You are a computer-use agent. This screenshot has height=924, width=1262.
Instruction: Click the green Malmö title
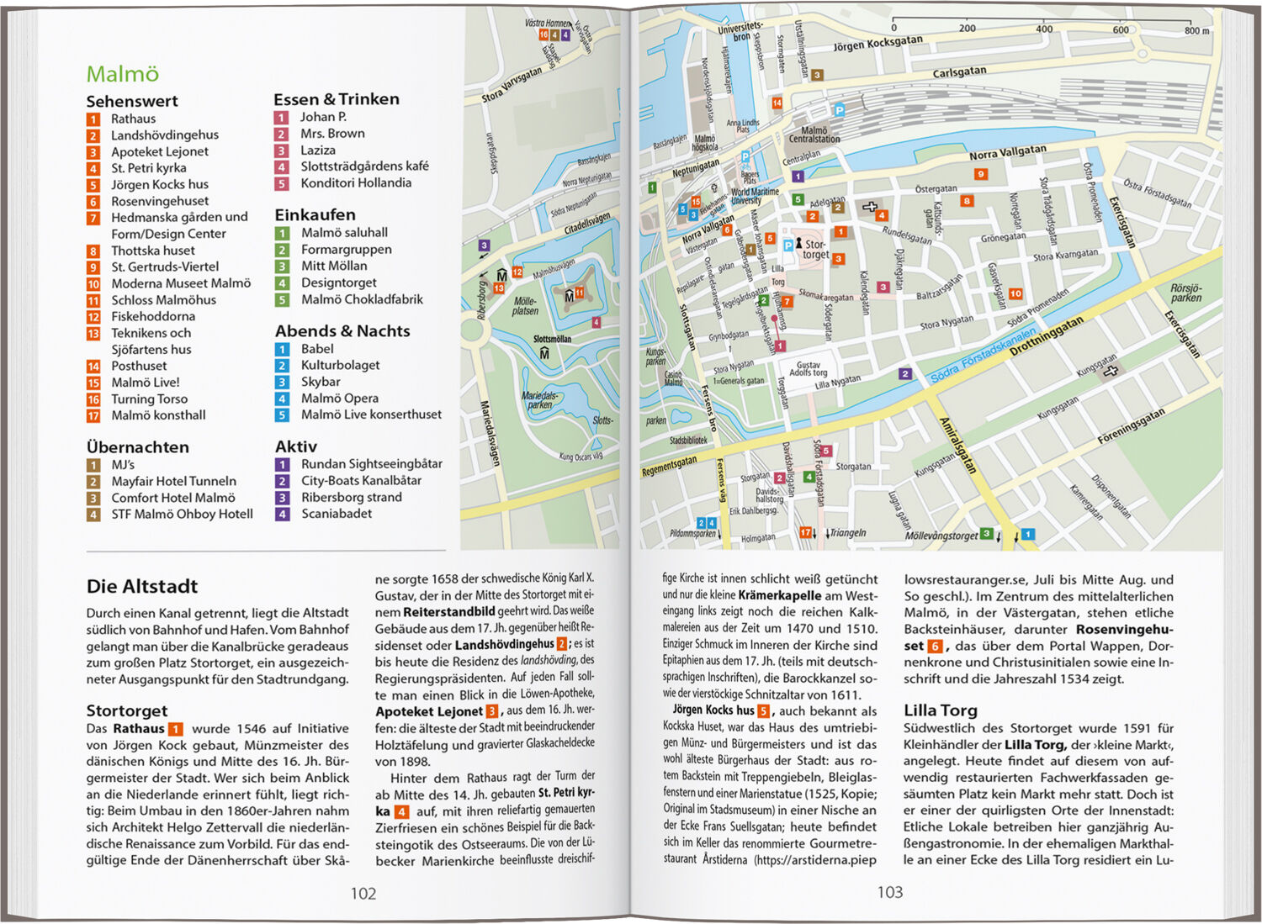pyautogui.click(x=123, y=74)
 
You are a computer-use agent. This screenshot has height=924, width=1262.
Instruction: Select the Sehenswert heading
pyautogui.click(x=132, y=101)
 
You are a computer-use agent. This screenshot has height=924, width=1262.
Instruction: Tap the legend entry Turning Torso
pyautogui.click(x=149, y=399)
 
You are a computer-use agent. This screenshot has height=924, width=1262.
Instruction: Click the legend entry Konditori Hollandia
pyautogui.click(x=356, y=182)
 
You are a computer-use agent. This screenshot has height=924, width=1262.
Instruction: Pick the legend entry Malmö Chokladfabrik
pyautogui.click(x=362, y=299)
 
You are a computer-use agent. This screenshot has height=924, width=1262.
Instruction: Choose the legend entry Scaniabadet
pyautogui.click(x=337, y=514)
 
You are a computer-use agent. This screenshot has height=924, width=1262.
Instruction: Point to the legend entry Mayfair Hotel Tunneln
pyautogui.click(x=173, y=481)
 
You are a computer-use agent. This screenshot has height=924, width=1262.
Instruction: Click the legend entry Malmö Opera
pyautogui.click(x=339, y=399)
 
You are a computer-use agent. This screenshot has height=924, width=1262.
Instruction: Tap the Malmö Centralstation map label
pyautogui.click(x=814, y=135)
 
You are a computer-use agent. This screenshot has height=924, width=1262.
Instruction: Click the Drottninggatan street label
pyautogui.click(x=1047, y=336)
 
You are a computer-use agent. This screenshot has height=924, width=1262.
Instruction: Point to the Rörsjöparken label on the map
pyautogui.click(x=1186, y=293)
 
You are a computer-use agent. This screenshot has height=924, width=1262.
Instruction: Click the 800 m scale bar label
pyautogui.click(x=1196, y=30)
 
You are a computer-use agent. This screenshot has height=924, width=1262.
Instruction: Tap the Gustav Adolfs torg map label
pyautogui.click(x=808, y=368)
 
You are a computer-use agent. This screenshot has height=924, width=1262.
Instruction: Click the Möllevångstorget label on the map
pyautogui.click(x=941, y=536)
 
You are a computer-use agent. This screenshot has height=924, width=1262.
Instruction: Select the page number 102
pyautogui.click(x=363, y=893)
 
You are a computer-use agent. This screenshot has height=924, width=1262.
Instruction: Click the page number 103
pyautogui.click(x=889, y=892)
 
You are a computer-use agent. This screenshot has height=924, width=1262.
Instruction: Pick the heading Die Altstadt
pyautogui.click(x=142, y=586)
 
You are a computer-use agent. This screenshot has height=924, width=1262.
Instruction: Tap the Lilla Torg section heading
pyautogui.click(x=941, y=710)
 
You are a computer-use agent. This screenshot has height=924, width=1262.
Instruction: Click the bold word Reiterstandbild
pyautogui.click(x=448, y=611)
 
